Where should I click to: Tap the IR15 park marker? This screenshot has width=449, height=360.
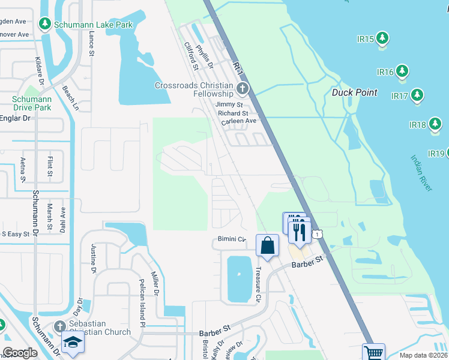pos(382,39)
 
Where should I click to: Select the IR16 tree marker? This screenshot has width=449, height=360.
pos(402,72)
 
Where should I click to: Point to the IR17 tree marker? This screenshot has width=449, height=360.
pos(417,95)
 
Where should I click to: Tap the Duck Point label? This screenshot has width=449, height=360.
pos(355,92)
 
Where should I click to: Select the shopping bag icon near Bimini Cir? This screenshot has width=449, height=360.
pos(268,245)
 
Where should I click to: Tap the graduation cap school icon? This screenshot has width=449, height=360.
pos(73,342)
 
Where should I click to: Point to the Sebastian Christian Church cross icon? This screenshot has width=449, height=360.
pos(59,327)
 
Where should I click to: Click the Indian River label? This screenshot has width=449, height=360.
pos(421,173)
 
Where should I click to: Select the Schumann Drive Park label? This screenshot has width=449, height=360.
pos(32,103)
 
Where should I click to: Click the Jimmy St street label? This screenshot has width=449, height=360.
pos(228,104)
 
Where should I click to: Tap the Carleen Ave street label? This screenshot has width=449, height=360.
pos(238,121)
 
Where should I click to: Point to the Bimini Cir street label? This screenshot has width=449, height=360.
pos(229,239)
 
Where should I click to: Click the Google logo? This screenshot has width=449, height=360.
pos(20,353)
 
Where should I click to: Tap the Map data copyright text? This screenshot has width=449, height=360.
pos(424,355)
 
